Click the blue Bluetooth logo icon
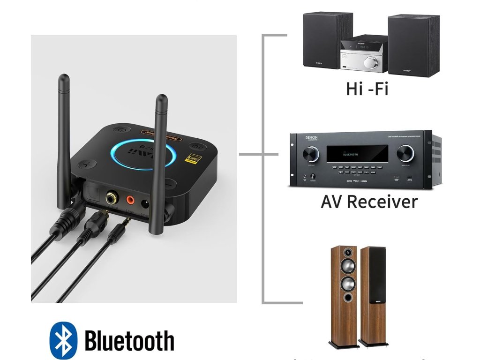point(63,340)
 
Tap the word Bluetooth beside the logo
point(129,341)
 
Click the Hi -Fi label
point(367,88)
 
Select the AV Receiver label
point(369,202)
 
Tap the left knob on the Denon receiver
point(310,154)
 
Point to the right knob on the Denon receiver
point(405,153)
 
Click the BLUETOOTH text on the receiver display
point(351,154)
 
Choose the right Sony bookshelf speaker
point(413,45)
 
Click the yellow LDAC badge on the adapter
point(193,158)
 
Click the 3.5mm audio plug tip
point(127,218)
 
